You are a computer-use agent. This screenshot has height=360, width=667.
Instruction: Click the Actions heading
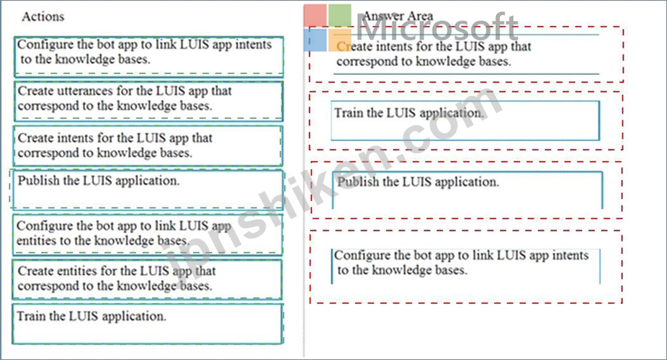click(43, 17)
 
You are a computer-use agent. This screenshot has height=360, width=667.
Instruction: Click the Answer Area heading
click(398, 16)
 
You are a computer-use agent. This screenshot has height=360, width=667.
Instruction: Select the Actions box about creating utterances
click(148, 101)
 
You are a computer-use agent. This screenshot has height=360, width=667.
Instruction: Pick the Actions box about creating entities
click(147, 279)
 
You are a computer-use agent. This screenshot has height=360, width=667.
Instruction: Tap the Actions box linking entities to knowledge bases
click(147, 234)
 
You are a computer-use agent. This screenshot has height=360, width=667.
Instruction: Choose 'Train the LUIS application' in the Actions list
click(147, 324)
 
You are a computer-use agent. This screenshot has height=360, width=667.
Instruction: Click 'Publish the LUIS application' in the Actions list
click(148, 190)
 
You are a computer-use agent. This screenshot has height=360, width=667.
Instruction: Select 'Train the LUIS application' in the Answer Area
click(465, 121)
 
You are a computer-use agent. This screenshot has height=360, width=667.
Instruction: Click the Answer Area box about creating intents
click(466, 54)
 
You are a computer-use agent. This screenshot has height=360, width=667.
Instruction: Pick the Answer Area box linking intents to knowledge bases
click(466, 266)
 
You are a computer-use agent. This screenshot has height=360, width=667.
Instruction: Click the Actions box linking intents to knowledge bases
click(148, 57)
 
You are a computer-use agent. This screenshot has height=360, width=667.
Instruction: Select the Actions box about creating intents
click(148, 145)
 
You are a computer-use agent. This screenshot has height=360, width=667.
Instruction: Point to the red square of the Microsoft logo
click(315, 15)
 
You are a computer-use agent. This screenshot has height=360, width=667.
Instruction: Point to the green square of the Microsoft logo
click(340, 15)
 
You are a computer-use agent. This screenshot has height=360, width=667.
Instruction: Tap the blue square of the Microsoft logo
click(315, 40)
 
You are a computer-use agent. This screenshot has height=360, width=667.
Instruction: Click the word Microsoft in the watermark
click(437, 27)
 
